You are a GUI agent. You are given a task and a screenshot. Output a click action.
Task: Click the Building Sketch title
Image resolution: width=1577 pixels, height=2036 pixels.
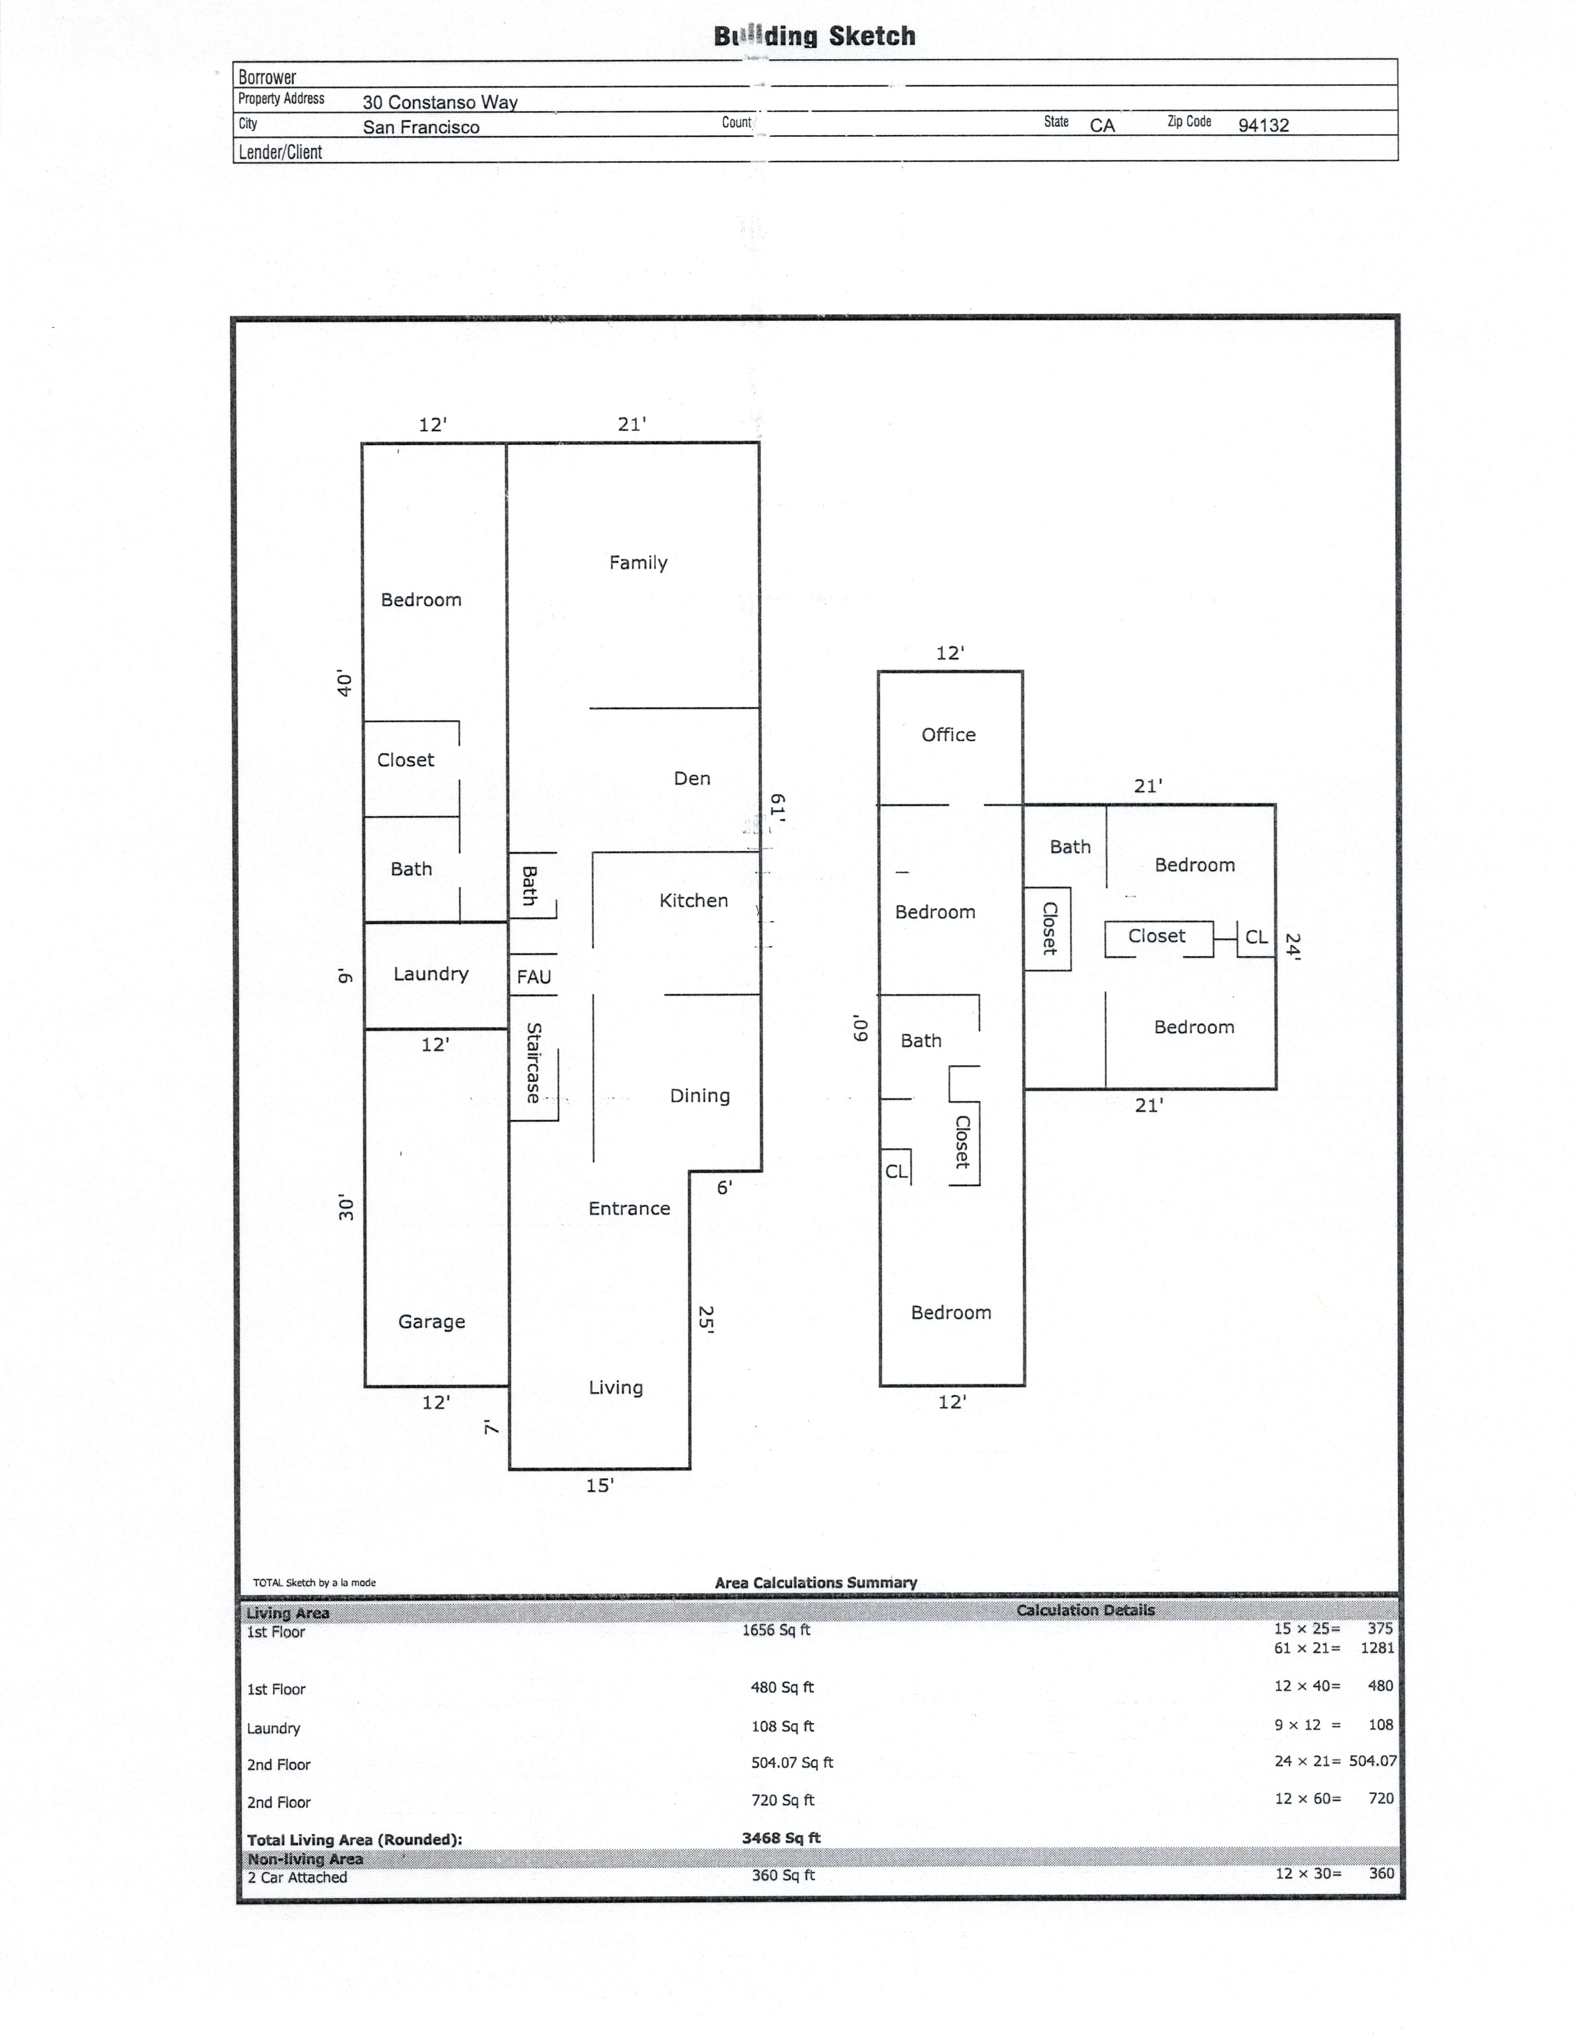pos(814,36)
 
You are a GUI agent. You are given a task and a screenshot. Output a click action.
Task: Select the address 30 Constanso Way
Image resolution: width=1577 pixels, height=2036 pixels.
pos(440,102)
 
